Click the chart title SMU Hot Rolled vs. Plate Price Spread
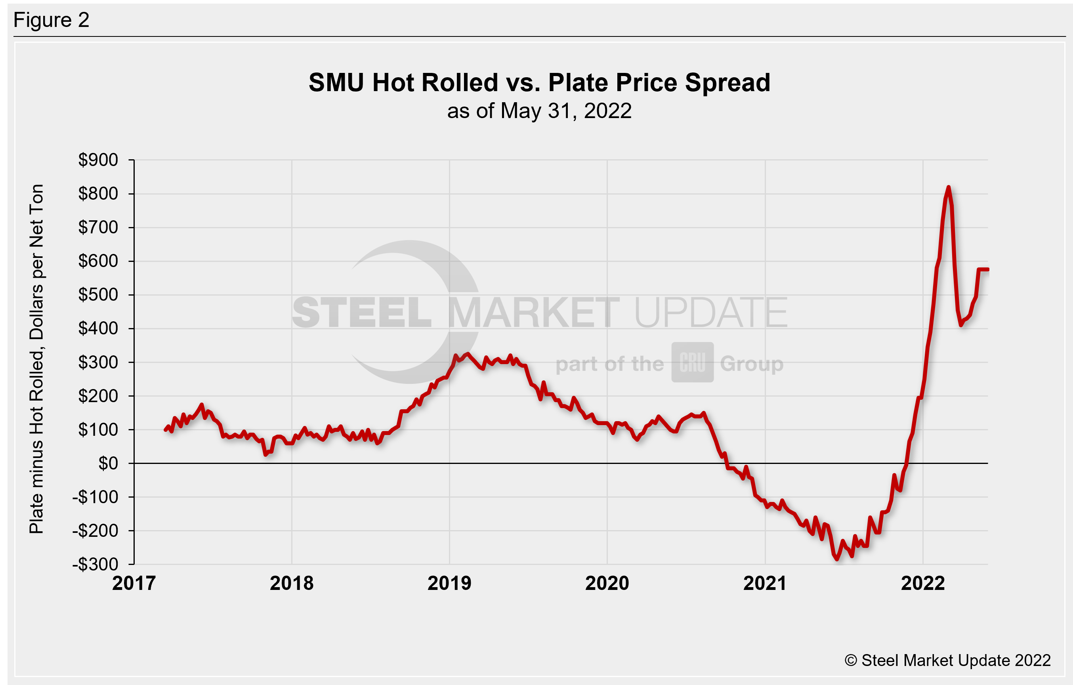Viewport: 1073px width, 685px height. [539, 83]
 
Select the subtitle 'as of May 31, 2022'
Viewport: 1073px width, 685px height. [539, 111]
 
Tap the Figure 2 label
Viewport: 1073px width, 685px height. [51, 20]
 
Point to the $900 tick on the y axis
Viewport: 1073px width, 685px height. [98, 160]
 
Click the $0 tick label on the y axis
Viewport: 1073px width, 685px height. [108, 464]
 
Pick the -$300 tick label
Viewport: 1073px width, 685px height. [95, 565]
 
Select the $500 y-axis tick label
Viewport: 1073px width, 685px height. [98, 295]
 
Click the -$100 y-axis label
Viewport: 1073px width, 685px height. [95, 497]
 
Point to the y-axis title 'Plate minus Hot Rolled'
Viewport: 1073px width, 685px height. [36, 359]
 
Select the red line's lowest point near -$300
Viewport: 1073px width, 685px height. [837, 559]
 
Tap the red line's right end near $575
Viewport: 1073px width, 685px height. [987, 269]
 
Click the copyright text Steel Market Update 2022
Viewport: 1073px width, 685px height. [947, 660]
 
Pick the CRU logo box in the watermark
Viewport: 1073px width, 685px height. [693, 363]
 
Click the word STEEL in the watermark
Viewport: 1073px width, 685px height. [362, 313]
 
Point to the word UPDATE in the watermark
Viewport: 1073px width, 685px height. [711, 313]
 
